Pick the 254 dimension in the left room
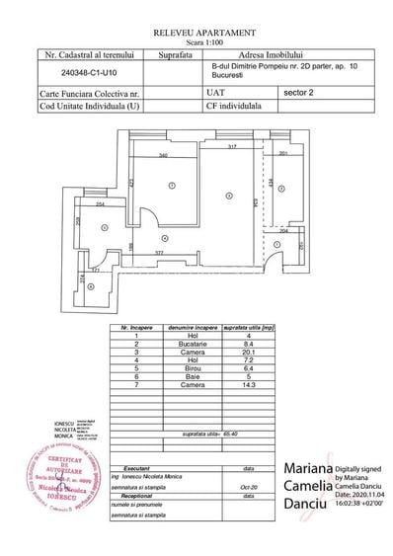tap(102, 204)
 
